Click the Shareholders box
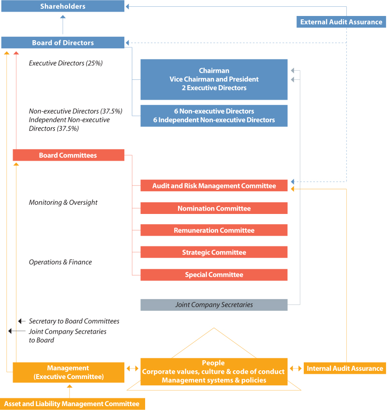pos(63,6)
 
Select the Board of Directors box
pos(63,43)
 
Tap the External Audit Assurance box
pos(341,22)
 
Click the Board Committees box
pos(69,155)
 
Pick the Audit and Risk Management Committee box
pos(214,186)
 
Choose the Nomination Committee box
pos(214,208)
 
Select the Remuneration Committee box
pos(214,230)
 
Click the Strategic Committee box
pos(214,252)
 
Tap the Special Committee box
pos(214,275)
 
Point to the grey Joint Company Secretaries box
pos(214,305)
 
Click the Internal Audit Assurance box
pos(344,368)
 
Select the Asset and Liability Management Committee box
pos(73,404)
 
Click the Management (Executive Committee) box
pos(69,372)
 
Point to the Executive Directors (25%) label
pos(66,63)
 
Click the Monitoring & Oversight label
pos(63,202)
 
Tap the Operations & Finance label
pos(60,262)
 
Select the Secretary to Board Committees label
pos(74,321)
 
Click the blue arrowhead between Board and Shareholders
pos(63,17)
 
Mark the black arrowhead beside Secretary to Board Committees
pos(20,321)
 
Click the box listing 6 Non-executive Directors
pos(214,116)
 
